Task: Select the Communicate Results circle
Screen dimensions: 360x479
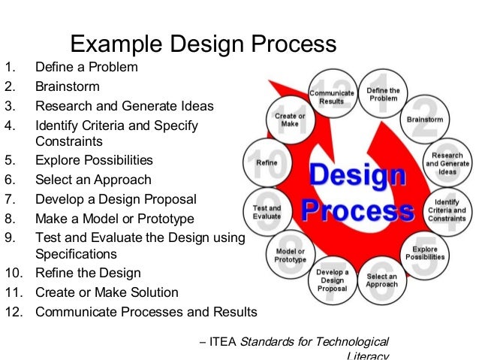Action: coord(331,96)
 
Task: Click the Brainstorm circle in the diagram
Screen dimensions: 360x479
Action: coord(425,119)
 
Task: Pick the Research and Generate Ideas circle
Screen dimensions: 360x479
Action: coord(444,164)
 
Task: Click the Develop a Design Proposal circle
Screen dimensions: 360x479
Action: coord(331,280)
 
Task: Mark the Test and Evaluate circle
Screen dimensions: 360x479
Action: coord(267,212)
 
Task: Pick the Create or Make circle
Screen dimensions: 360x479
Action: coord(290,120)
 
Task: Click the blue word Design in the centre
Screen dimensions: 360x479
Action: coord(357,177)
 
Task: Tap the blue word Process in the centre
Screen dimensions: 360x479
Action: coord(357,210)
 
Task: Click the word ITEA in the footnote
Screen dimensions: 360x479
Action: coord(222,342)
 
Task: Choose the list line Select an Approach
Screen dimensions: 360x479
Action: coord(93,180)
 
